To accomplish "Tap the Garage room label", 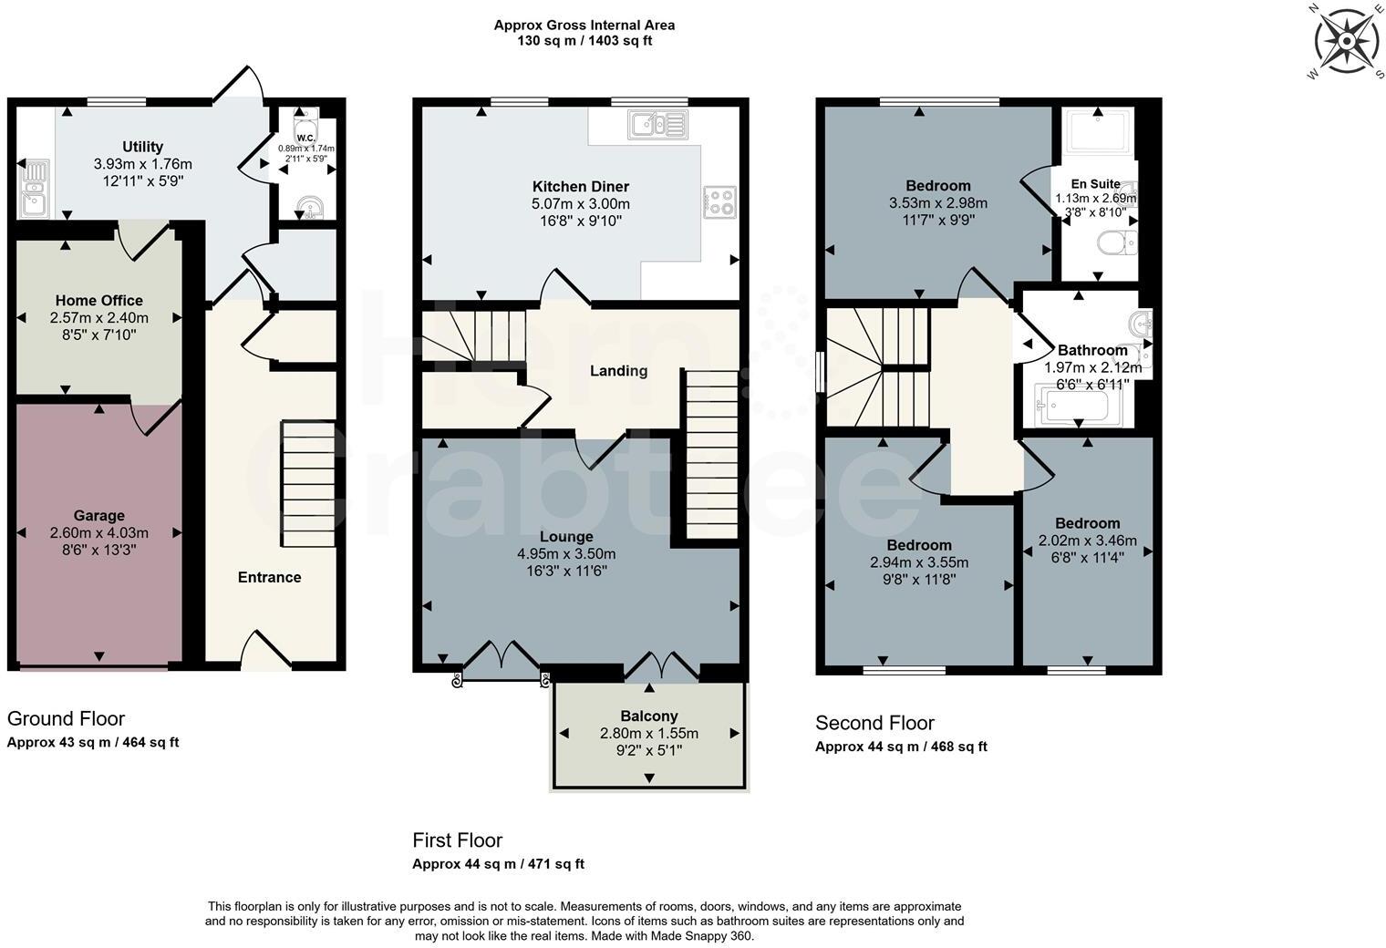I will pyautogui.click(x=99, y=516).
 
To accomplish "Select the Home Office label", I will pyautogui.click(x=98, y=301).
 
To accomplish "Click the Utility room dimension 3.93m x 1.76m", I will pyautogui.click(x=143, y=164).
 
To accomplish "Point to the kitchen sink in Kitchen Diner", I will pyautogui.click(x=657, y=123).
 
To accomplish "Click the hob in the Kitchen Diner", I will pyautogui.click(x=719, y=201).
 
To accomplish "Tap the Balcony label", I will pyautogui.click(x=649, y=716).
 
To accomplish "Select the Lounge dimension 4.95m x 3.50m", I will pyautogui.click(x=566, y=554).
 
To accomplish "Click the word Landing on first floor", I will pyautogui.click(x=618, y=371).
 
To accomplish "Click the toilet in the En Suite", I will pyautogui.click(x=1117, y=243).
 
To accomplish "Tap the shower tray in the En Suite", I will pyautogui.click(x=1100, y=131).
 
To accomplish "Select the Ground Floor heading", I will pyautogui.click(x=66, y=719).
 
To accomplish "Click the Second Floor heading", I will pyautogui.click(x=874, y=724).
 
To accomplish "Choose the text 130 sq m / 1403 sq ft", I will pyautogui.click(x=584, y=41).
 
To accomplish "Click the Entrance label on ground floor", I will pyautogui.click(x=269, y=577).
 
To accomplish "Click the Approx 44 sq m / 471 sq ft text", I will pyautogui.click(x=498, y=864).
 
